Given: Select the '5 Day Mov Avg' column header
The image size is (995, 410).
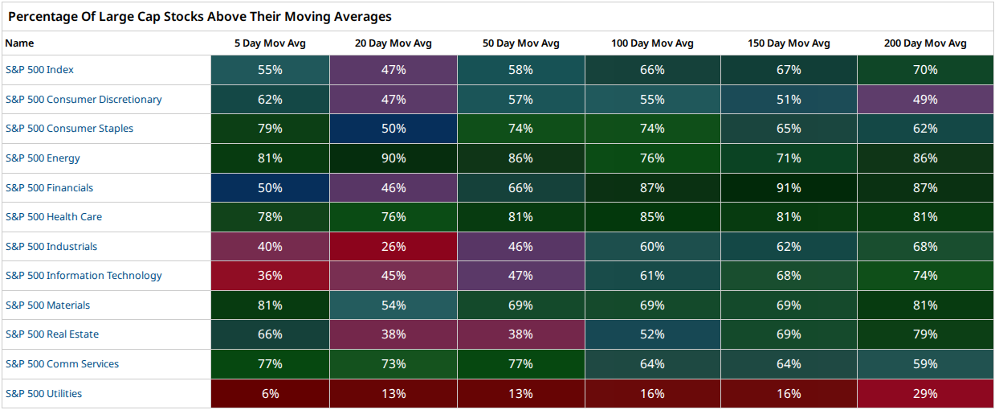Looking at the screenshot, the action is [270, 43].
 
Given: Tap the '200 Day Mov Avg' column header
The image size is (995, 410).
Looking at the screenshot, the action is [925, 43].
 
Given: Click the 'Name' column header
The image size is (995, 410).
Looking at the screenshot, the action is [19, 43].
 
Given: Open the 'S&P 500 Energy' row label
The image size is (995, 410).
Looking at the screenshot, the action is [43, 158].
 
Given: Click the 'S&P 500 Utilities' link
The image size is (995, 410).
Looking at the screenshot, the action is [43, 394].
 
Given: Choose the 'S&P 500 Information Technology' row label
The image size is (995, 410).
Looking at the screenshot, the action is [84, 276].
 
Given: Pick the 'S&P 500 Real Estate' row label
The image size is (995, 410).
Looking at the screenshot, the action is [52, 334].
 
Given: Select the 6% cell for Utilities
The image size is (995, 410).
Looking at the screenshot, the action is [270, 394].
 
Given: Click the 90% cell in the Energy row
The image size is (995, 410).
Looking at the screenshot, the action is [394, 158].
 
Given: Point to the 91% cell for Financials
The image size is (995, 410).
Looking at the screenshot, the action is [789, 187].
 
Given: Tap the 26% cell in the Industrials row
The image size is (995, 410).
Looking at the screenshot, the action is [394, 246].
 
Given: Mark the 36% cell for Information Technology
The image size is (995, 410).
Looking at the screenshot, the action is [270, 276].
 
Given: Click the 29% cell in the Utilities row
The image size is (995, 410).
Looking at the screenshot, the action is [925, 394].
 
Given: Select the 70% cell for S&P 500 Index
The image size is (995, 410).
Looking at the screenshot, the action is [925, 70].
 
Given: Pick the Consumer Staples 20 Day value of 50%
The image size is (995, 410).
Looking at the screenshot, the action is [394, 129].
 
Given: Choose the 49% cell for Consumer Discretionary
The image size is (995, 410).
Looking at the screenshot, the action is [925, 99].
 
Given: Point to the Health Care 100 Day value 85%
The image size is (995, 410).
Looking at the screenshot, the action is [653, 217].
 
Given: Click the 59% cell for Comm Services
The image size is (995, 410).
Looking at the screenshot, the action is [925, 363].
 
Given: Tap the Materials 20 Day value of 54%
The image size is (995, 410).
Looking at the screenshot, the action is [394, 305].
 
